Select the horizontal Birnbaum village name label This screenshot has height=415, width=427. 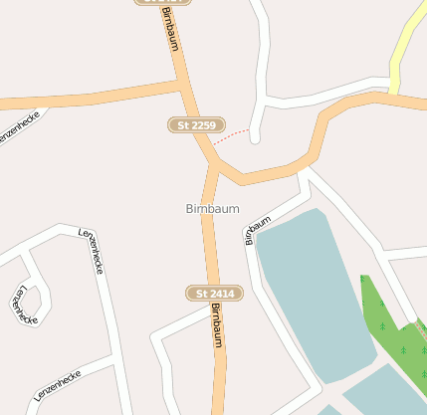pos(211,209)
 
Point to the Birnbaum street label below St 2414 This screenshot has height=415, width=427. pos(216,325)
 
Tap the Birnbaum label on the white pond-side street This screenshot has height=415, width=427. pos(258,230)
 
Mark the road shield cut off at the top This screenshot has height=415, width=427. pos(162,2)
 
